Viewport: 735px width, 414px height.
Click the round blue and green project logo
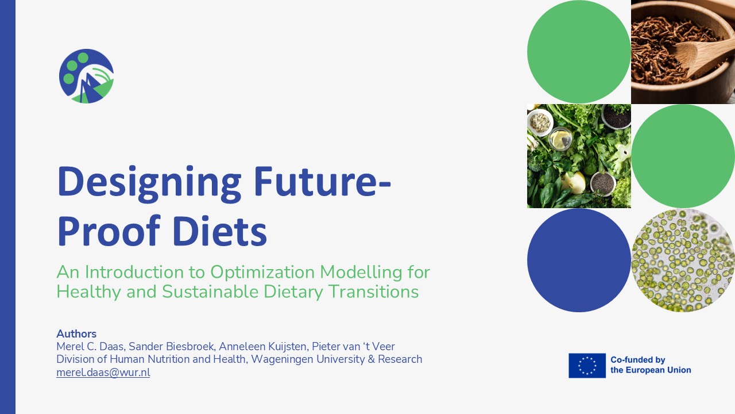[86, 76]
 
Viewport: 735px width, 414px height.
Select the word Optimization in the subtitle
[263, 272]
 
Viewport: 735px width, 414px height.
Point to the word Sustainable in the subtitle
[210, 292]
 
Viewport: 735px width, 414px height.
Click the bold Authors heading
[76, 334]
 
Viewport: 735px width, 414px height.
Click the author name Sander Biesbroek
[172, 346]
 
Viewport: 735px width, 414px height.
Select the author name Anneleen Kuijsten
[263, 347]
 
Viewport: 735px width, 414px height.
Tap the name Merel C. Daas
[90, 346]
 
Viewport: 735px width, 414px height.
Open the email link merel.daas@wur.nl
[103, 373]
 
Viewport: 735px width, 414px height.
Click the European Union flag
[587, 366]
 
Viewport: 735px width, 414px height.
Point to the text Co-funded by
[637, 360]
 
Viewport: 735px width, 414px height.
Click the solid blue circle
[579, 260]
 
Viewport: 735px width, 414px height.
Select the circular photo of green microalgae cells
[683, 260]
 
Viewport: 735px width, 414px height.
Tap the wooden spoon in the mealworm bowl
[702, 56]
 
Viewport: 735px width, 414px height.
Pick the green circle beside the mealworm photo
[579, 52]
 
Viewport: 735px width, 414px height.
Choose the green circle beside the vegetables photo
[683, 156]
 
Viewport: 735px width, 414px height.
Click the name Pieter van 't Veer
[353, 346]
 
